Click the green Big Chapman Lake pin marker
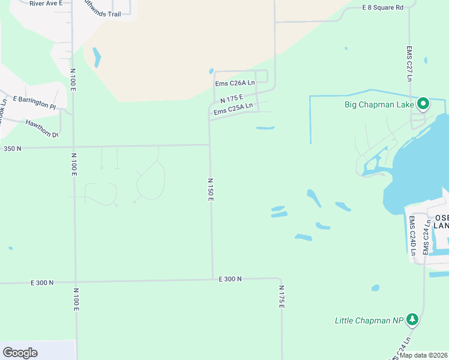(x=423, y=104)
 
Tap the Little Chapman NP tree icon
(x=412, y=319)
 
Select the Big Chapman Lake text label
(x=379, y=104)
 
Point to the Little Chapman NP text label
(x=369, y=321)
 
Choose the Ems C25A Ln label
(x=234, y=108)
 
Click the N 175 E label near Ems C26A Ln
(x=231, y=98)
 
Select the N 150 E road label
(x=211, y=189)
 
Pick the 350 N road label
(x=12, y=148)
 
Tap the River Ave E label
(x=45, y=3)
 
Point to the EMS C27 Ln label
(x=409, y=63)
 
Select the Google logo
(x=20, y=352)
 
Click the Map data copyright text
(x=423, y=355)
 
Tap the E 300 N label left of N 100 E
(x=41, y=282)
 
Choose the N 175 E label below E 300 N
(x=281, y=297)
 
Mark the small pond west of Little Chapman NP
(x=375, y=288)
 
